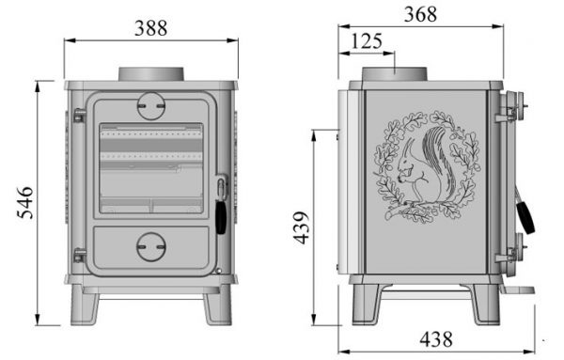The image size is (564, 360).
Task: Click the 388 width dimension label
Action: (150, 28)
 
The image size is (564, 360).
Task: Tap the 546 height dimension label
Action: (25, 203)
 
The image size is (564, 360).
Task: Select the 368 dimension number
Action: (420, 14)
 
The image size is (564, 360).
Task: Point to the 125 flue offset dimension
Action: (367, 41)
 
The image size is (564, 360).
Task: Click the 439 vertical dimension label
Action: (301, 227)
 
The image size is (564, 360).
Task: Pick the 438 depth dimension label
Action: (436, 339)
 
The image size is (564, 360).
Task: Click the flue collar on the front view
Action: (151, 74)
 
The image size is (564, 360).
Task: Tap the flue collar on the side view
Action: (394, 74)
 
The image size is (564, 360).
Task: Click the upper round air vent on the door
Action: (151, 105)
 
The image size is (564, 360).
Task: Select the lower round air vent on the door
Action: (151, 247)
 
